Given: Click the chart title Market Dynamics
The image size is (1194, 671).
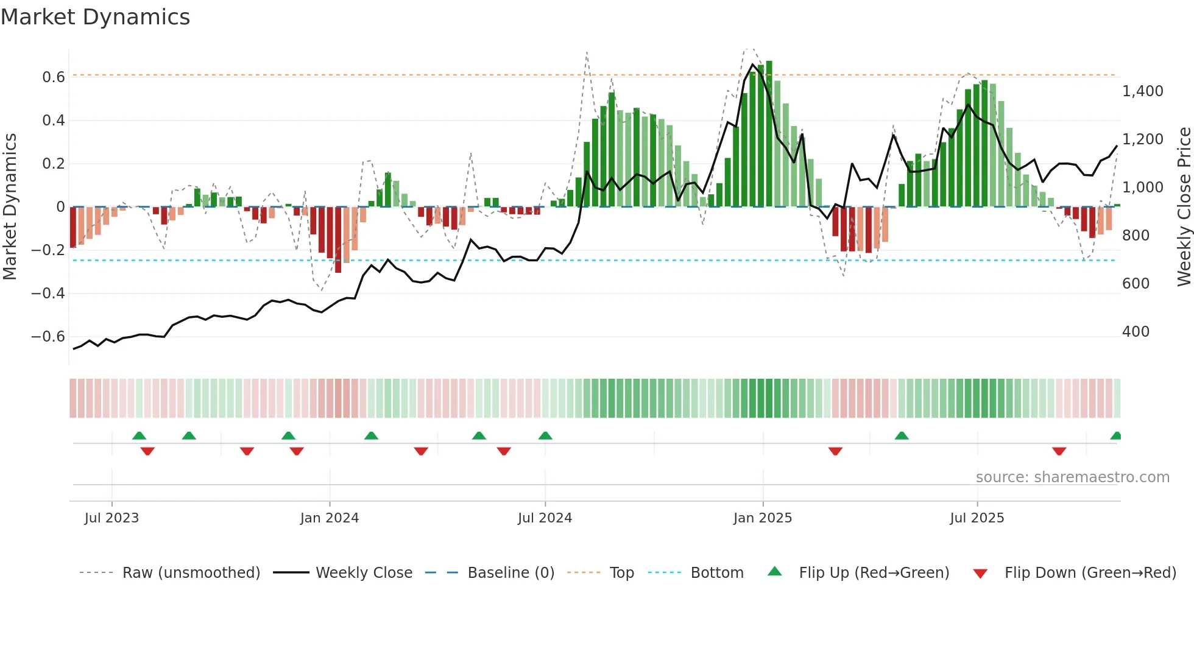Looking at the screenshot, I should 95,17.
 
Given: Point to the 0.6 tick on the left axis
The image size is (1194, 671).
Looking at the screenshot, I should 54,77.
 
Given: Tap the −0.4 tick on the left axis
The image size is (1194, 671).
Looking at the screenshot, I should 48,293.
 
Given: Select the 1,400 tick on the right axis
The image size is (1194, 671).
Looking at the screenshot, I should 1142,91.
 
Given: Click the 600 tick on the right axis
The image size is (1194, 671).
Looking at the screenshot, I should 1136,284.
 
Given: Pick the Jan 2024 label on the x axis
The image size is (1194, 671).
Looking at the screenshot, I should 329,518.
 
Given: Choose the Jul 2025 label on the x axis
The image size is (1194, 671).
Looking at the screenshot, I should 977,518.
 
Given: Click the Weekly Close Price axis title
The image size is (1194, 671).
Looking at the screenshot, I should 1184,207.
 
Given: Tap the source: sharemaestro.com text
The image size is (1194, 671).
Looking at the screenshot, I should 1072,477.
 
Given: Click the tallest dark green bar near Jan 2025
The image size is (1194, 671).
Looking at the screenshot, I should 769,134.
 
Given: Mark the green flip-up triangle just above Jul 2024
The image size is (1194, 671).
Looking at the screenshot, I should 545,435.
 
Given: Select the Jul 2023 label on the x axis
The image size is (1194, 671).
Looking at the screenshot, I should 111,518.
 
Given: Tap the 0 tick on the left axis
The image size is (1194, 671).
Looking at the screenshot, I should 60,207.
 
